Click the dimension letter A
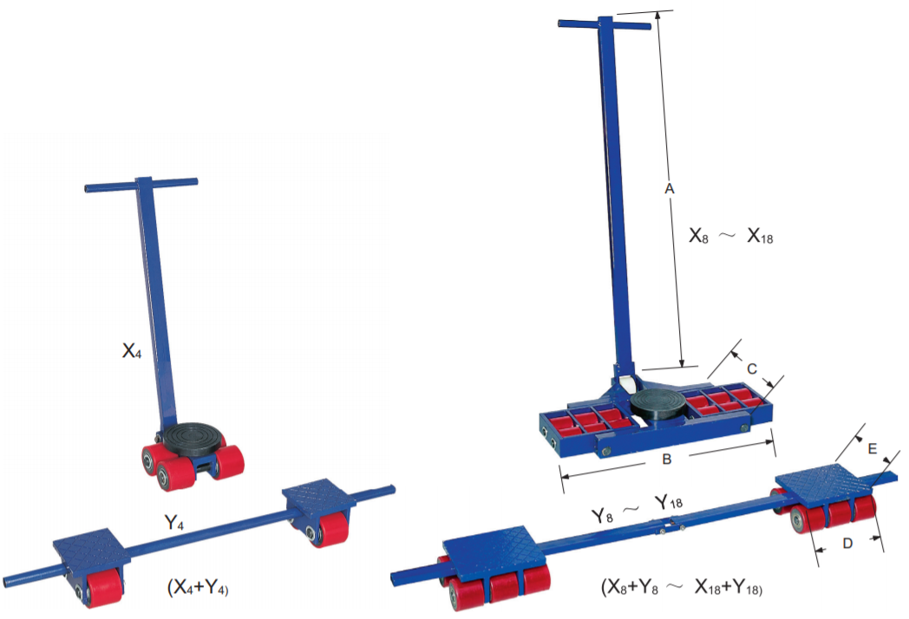pyautogui.click(x=669, y=189)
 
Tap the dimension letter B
pyautogui.click(x=667, y=459)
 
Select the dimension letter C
pyautogui.click(x=751, y=368)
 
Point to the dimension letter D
pyautogui.click(x=847, y=543)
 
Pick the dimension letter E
pyautogui.click(x=872, y=448)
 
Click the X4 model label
pyautogui.click(x=132, y=350)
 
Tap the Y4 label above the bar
pyautogui.click(x=174, y=522)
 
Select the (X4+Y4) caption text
pyautogui.click(x=198, y=587)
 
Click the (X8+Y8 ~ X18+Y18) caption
pyautogui.click(x=682, y=587)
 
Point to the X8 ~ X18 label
pyautogui.click(x=730, y=235)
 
